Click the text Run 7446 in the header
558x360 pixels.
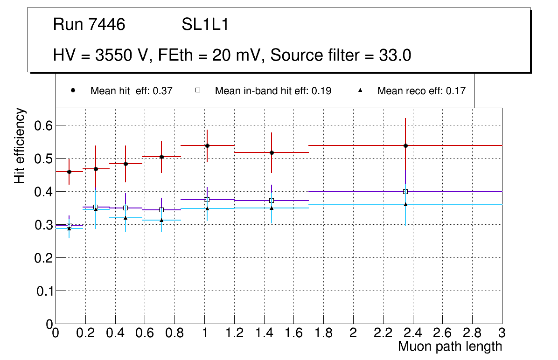coord(89,25)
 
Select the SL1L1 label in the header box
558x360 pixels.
coord(205,25)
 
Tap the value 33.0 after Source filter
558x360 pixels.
coord(395,55)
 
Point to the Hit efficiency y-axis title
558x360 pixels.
coord(20,145)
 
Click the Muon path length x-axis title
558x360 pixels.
coord(450,346)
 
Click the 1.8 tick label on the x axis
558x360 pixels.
coord(323,333)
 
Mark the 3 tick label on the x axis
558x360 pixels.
coord(502,333)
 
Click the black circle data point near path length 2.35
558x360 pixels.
coord(405,145)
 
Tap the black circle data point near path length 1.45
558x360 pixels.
coord(272,152)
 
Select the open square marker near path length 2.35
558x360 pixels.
coord(405,192)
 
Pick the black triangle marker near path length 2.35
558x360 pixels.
coord(405,204)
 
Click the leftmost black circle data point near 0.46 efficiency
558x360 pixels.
coord(69,172)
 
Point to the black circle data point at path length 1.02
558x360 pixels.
coord(207,145)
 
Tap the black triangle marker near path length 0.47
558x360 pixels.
coord(126,218)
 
